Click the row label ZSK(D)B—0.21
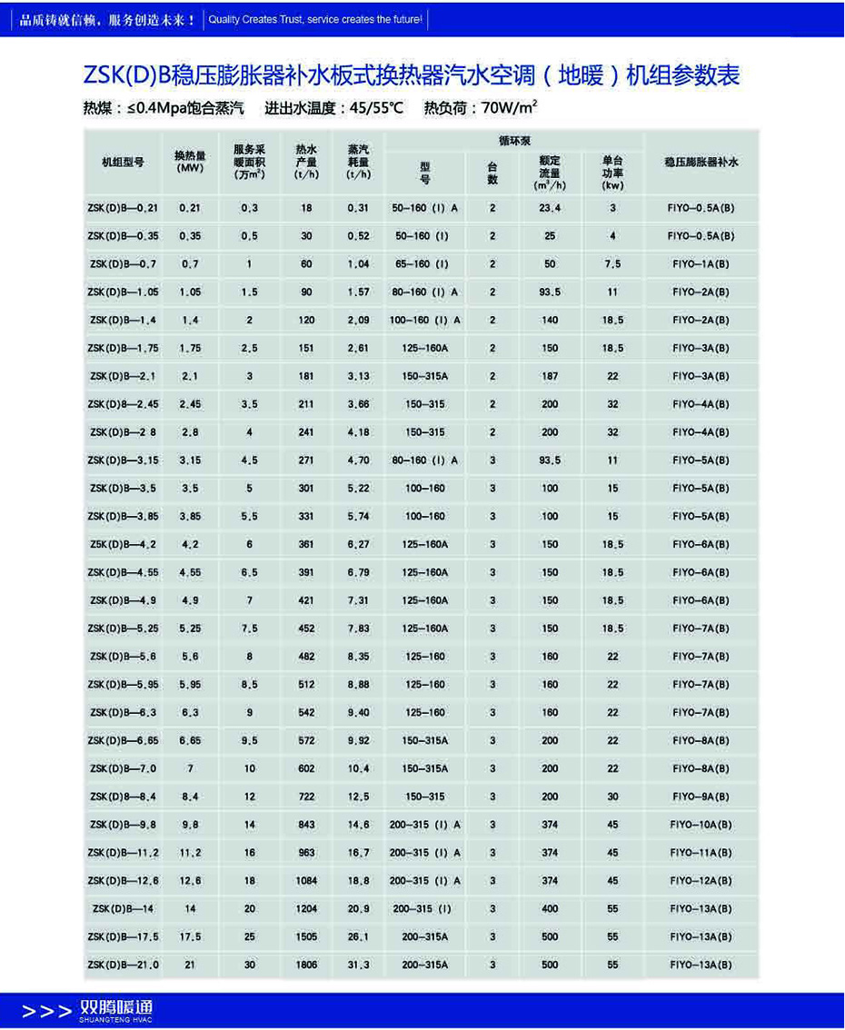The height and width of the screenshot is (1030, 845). [123, 208]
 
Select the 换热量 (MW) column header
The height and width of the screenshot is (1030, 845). [190, 162]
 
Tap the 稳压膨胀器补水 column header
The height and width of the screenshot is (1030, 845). [701, 162]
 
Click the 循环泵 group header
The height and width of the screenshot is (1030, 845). [514, 142]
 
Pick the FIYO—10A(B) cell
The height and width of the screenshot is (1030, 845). [701, 825]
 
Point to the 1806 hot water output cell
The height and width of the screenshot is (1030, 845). [306, 965]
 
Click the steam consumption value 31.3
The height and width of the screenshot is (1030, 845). [358, 965]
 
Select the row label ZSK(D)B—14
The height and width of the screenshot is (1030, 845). [123, 908]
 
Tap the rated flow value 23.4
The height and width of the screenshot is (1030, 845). [550, 208]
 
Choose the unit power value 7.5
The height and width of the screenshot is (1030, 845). [613, 264]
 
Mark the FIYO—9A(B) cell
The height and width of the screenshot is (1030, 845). [701, 797]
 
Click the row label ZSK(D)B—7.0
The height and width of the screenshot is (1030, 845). [123, 768]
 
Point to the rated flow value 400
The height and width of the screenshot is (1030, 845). [550, 908]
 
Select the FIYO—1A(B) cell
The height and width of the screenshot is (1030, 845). [701, 264]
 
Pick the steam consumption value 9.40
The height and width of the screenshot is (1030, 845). [358, 713]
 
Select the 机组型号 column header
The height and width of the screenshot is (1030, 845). [123, 162]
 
